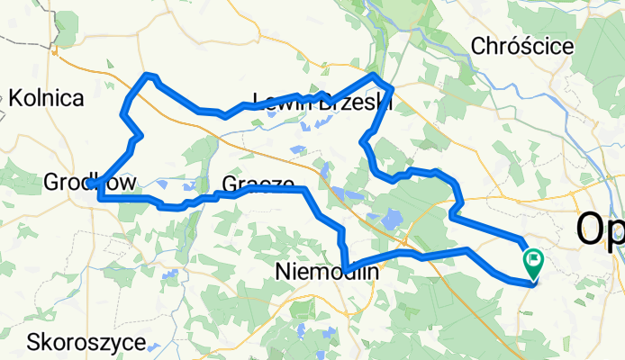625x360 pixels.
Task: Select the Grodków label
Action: tap(90, 184)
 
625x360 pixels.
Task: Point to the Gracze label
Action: tap(258, 184)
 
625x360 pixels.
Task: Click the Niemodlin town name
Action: tap(326, 271)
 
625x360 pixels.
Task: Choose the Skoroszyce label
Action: tap(86, 343)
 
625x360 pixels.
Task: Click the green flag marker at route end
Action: tap(534, 263)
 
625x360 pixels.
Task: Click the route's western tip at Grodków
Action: tap(90, 184)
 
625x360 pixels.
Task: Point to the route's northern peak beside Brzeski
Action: tap(374, 74)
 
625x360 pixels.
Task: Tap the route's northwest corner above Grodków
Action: tap(149, 75)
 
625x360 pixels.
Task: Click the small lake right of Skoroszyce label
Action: tap(155, 346)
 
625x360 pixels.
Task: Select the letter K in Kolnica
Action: tap(15, 99)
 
